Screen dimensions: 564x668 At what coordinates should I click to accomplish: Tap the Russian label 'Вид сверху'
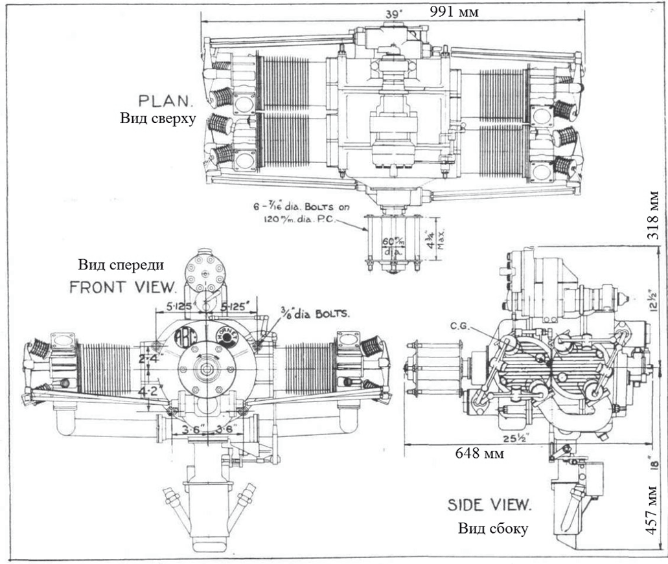pyautogui.click(x=157, y=119)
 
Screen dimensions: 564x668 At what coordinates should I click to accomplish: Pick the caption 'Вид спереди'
pyautogui.click(x=121, y=265)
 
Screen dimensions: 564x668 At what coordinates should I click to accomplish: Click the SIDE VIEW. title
pyautogui.click(x=490, y=505)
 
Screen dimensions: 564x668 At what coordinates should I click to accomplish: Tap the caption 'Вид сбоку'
pyautogui.click(x=493, y=528)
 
